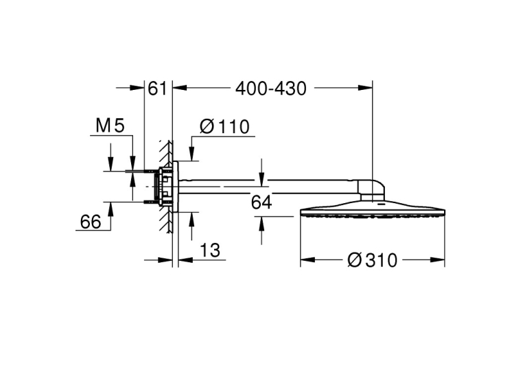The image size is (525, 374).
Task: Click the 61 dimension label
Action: tap(157, 89)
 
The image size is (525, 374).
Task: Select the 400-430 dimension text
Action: tap(271, 89)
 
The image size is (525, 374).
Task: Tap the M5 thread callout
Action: tap(110, 126)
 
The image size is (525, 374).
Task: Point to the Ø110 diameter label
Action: tap(224, 126)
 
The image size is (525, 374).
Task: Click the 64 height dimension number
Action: tap(261, 202)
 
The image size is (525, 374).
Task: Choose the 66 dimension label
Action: tap(91, 222)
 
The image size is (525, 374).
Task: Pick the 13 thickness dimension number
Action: tap(210, 250)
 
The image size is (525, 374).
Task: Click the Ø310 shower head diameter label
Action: tap(373, 260)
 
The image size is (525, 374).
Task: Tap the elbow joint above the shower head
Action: tap(373, 191)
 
